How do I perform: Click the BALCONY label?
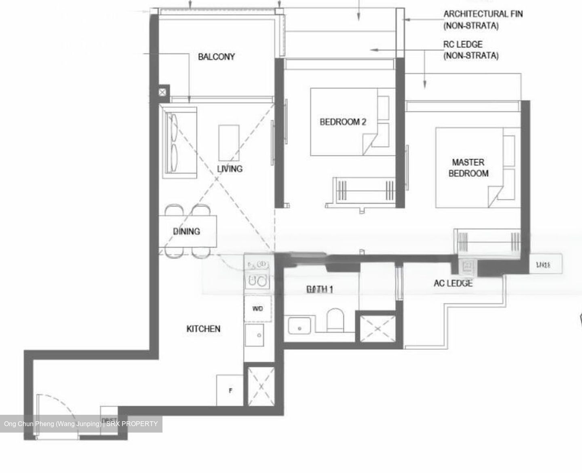point(216,57)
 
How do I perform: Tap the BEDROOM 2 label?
point(343,122)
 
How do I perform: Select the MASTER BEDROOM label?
point(468,168)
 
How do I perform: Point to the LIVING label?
point(230,169)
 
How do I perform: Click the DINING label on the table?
point(186,231)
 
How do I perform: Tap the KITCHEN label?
point(203,329)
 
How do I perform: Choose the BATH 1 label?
point(319,289)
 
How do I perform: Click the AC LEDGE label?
point(453,283)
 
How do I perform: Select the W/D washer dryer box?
point(258,309)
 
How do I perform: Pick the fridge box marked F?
point(230,391)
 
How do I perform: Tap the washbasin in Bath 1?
point(299,325)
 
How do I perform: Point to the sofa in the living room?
point(179,142)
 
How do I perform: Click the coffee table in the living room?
point(229,143)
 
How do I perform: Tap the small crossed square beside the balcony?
point(162,92)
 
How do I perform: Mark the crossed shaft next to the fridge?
point(261,386)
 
